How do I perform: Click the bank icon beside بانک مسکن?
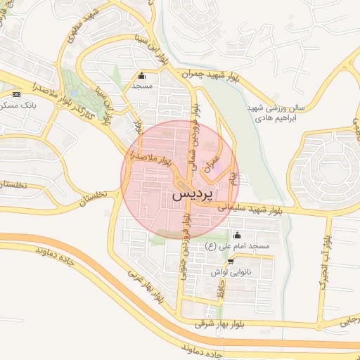(16, 94)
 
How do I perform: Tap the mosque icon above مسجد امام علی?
(237, 236)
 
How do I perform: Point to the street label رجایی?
(348, 320)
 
